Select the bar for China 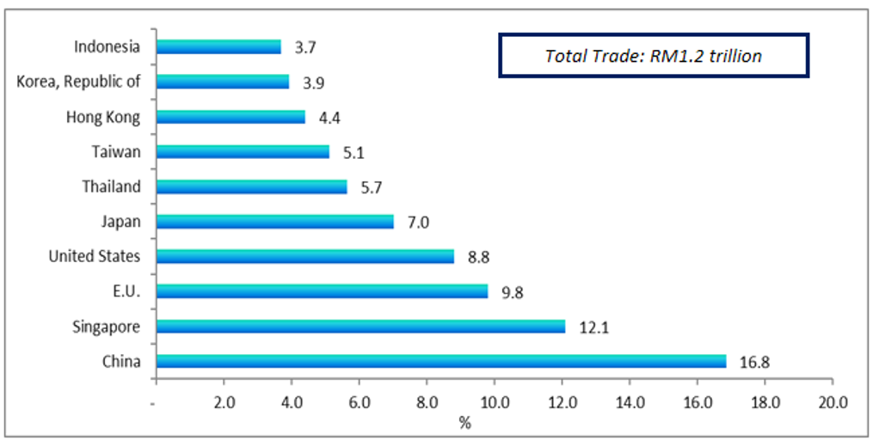(441, 361)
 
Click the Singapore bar (361, 327)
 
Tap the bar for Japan (275, 222)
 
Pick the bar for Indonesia (218, 47)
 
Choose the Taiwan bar (243, 152)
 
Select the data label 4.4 (330, 117)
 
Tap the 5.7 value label (372, 187)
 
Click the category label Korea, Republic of (78, 82)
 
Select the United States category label (94, 256)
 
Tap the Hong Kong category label (103, 117)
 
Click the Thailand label (111, 186)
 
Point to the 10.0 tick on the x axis (495, 401)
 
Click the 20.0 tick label (833, 401)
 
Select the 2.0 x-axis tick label (224, 401)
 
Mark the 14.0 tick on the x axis (630, 401)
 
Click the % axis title (465, 422)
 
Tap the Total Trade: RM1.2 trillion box (654, 56)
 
